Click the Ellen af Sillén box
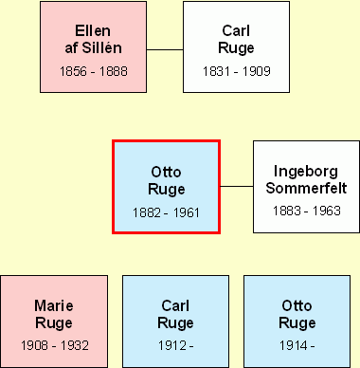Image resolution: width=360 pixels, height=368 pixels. (x=93, y=47)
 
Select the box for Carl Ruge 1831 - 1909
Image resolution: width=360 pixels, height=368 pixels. (x=236, y=47)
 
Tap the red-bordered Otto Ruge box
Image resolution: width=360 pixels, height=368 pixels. (x=167, y=186)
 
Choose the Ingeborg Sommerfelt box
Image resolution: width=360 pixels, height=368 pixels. (x=306, y=186)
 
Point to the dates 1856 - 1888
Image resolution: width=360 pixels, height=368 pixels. (x=93, y=71)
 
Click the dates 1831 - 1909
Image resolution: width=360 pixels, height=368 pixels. (x=236, y=71)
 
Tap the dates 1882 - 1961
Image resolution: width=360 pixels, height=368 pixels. (x=167, y=211)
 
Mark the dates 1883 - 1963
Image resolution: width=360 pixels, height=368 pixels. (x=306, y=211)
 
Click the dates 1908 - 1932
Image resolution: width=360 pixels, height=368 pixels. (x=53, y=346)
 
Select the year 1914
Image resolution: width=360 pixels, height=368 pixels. (x=294, y=346)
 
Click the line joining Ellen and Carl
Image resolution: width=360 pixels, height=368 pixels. (x=165, y=48)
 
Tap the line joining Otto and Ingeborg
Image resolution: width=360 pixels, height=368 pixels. (x=237, y=186)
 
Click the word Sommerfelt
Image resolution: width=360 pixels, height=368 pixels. (x=306, y=188)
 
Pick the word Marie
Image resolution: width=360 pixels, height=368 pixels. (x=53, y=305)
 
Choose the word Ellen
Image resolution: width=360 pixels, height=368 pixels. (x=93, y=30)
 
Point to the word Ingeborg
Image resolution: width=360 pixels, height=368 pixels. (x=306, y=172)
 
